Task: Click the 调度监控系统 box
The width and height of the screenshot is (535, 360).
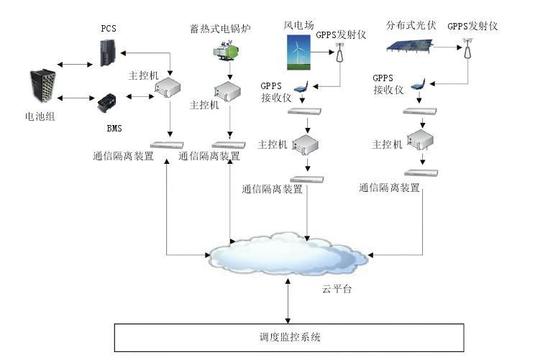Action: point(290,336)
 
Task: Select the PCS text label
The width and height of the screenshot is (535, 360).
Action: point(109,29)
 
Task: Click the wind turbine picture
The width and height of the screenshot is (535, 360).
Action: point(296,54)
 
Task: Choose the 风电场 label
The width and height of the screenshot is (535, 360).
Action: point(296,26)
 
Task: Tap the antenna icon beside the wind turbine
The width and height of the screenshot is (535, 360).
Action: point(340,55)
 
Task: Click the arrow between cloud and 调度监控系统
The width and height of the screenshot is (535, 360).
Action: point(288,300)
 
